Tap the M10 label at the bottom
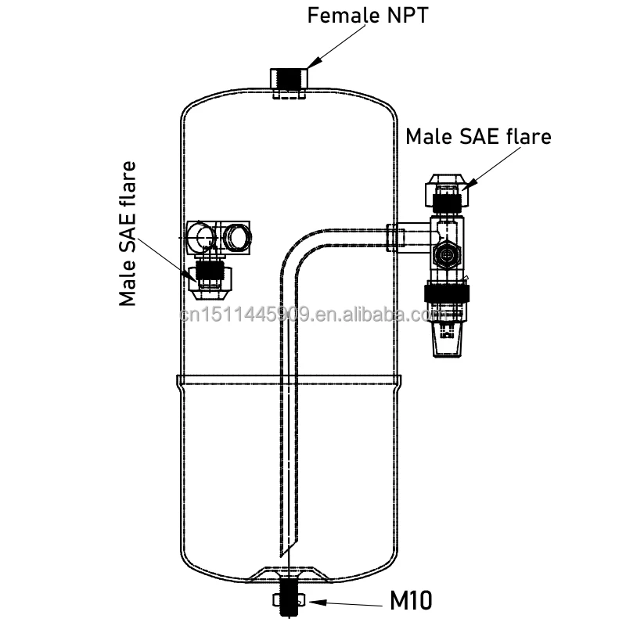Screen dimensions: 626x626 (x=412, y=600)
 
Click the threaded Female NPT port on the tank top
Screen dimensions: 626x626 (x=290, y=81)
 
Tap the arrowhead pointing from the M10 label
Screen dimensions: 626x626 (x=314, y=602)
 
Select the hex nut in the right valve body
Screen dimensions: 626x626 (x=446, y=255)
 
